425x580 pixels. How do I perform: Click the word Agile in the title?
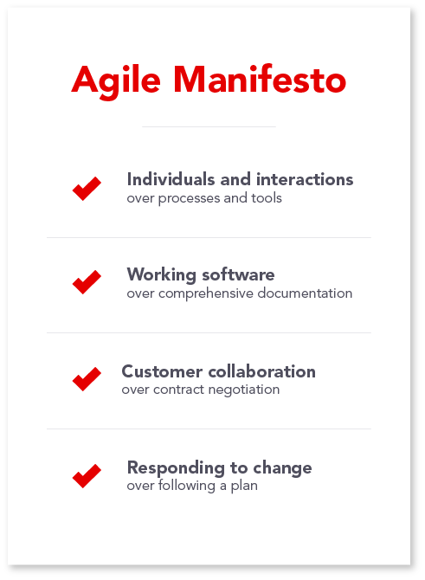pyautogui.click(x=116, y=81)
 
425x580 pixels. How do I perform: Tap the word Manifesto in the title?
pyautogui.click(x=260, y=79)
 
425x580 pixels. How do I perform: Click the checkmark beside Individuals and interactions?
pyautogui.click(x=87, y=189)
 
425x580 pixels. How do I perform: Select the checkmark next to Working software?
pyautogui.click(x=87, y=282)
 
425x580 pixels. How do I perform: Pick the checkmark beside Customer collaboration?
pyautogui.click(x=87, y=379)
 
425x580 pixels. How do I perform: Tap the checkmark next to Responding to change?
pyautogui.click(x=87, y=476)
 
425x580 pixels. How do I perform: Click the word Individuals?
pyautogui.click(x=171, y=179)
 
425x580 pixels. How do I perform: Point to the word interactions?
pyautogui.click(x=305, y=179)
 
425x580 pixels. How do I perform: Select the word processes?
pyautogui.click(x=189, y=199)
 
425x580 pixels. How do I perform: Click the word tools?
pyautogui.click(x=267, y=198)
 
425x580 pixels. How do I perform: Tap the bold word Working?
pyautogui.click(x=162, y=275)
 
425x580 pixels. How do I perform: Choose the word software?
pyautogui.click(x=238, y=274)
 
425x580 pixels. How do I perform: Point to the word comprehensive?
pyautogui.click(x=206, y=293)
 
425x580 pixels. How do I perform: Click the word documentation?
pyautogui.click(x=306, y=293)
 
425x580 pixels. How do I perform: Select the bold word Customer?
pyautogui.click(x=162, y=371)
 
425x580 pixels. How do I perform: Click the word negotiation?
pyautogui.click(x=244, y=390)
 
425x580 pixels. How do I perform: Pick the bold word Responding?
pyautogui.click(x=176, y=468)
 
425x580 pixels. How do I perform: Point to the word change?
pyautogui.click(x=282, y=468)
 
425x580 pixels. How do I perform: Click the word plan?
pyautogui.click(x=244, y=487)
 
